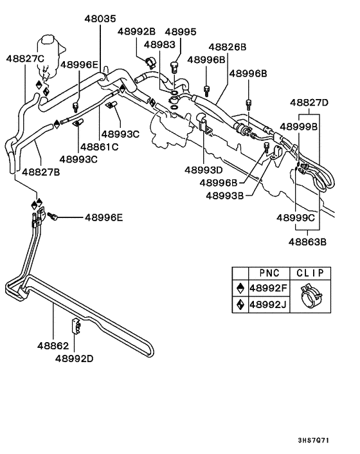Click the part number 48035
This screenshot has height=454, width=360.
100,19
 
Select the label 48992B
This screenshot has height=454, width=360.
136,32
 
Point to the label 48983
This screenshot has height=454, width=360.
159,44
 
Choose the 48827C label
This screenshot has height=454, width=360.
25,59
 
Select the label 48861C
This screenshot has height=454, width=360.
100,147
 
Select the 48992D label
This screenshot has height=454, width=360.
75,358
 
